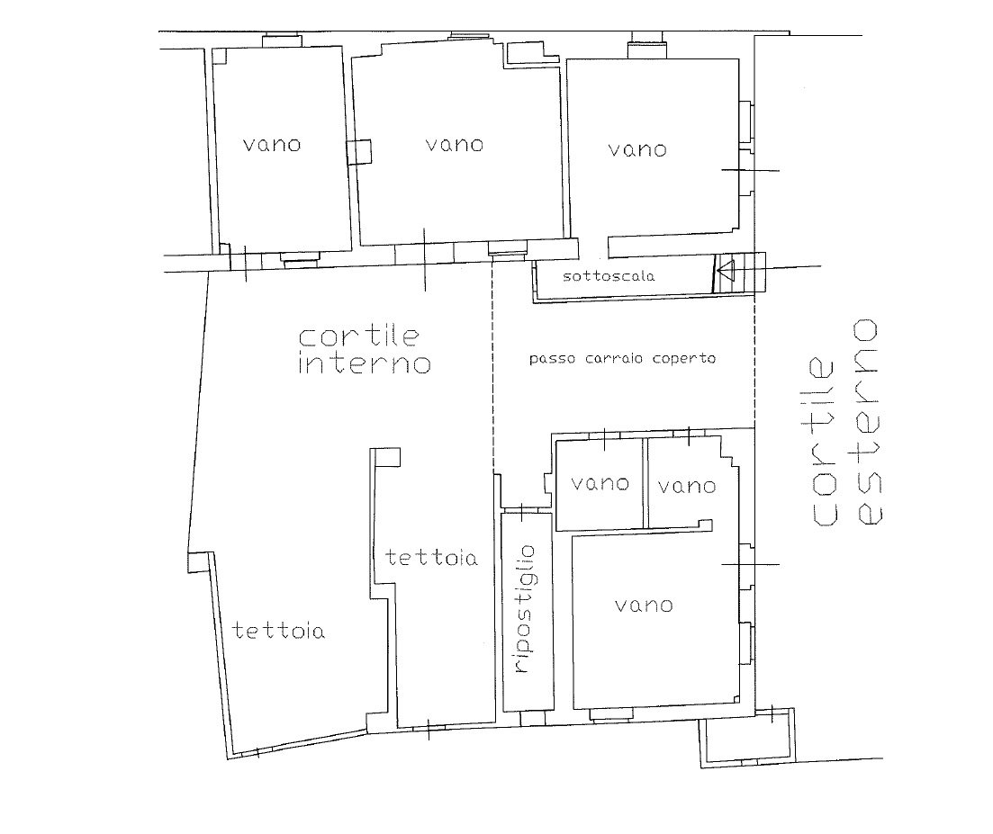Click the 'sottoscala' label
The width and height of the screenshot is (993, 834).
(x=609, y=276)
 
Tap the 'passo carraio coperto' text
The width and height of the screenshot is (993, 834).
(x=622, y=359)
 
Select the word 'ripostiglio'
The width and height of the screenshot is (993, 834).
(x=524, y=609)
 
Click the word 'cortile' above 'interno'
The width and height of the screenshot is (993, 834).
(x=358, y=336)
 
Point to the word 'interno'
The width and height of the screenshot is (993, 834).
(x=364, y=363)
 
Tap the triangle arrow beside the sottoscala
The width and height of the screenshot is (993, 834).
(x=726, y=271)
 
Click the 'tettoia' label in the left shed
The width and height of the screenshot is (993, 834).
(x=279, y=631)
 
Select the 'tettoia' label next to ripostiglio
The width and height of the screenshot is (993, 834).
(x=431, y=558)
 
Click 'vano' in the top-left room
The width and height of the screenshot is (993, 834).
(x=272, y=145)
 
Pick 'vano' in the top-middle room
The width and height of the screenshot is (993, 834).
(x=455, y=145)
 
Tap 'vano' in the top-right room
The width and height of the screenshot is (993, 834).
(x=637, y=150)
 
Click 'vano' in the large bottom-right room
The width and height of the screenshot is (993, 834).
(x=644, y=605)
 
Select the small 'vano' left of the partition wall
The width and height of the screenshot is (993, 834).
(x=600, y=484)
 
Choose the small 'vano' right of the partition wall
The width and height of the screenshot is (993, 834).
(x=687, y=487)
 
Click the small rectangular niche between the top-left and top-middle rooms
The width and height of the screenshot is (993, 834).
(x=360, y=152)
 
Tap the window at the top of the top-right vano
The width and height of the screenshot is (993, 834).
(x=646, y=50)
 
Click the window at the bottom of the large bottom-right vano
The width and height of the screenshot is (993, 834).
(x=610, y=714)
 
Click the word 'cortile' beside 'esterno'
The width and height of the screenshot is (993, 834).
(x=824, y=442)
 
